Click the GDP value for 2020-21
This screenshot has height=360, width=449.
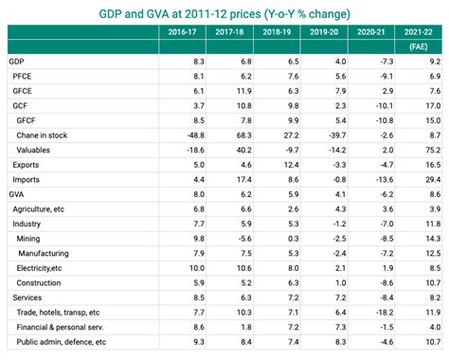[384, 61]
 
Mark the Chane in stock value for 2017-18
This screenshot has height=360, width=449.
[241, 136]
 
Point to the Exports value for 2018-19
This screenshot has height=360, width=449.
[291, 165]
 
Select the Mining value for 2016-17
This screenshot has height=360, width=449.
[197, 239]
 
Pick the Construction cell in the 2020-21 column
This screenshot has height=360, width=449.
[384, 282]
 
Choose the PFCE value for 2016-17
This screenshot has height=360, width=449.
[197, 76]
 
